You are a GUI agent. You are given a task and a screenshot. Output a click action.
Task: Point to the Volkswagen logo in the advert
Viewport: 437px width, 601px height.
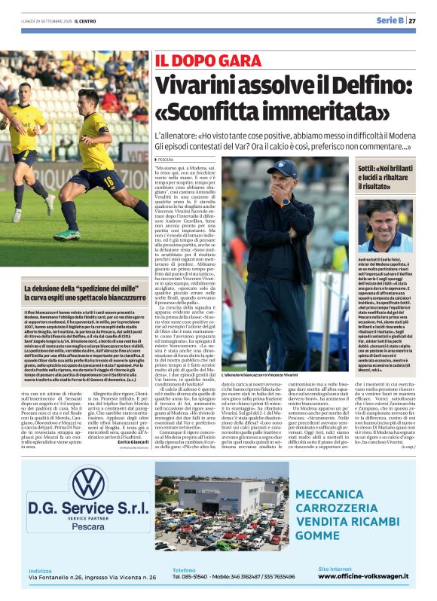point(88,483)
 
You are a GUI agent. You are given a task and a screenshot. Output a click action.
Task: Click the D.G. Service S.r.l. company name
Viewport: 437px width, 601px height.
point(88,510)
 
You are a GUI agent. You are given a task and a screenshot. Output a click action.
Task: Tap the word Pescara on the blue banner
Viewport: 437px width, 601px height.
point(88,526)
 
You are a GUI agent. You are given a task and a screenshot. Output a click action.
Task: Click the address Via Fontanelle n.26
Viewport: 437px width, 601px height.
point(60,578)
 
